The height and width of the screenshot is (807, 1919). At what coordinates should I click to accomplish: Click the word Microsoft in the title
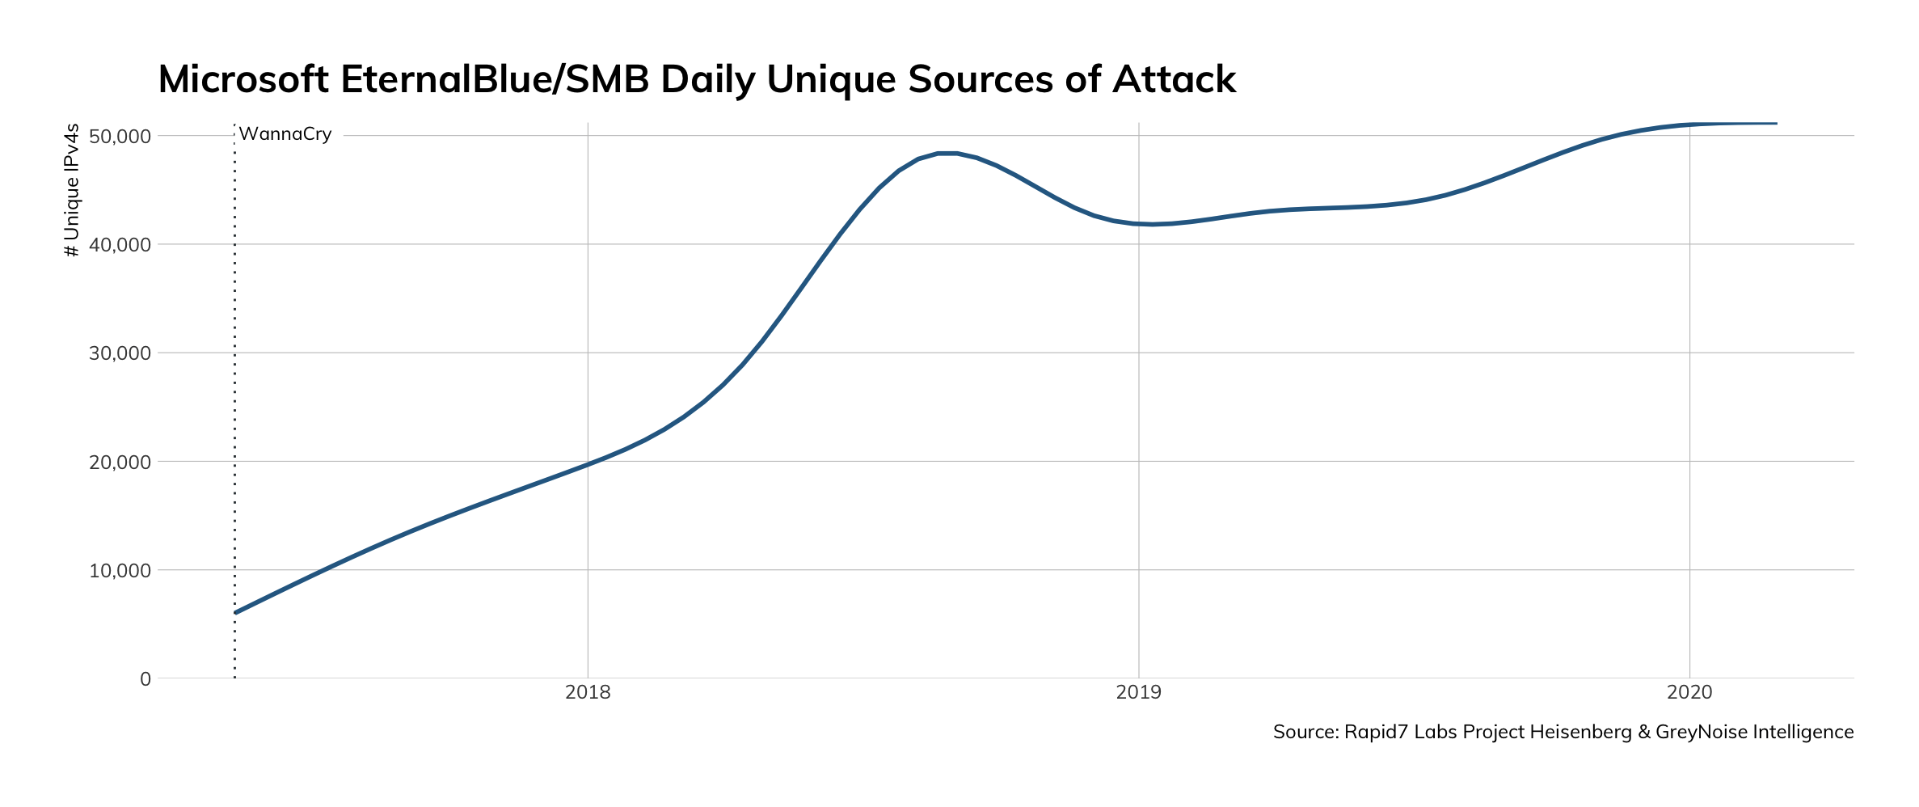(x=243, y=80)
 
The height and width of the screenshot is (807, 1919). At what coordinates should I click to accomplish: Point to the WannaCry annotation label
(x=285, y=134)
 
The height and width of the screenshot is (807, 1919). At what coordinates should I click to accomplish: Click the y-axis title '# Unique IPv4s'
(x=72, y=190)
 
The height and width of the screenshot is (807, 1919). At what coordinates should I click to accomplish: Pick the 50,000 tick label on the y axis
(x=120, y=136)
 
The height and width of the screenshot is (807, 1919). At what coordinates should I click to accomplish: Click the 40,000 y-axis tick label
(x=120, y=244)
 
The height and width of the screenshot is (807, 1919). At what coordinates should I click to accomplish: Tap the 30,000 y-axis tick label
(x=120, y=353)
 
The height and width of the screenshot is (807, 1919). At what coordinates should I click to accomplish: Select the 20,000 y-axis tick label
(x=120, y=462)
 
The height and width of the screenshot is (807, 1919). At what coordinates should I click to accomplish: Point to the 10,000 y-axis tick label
(x=120, y=570)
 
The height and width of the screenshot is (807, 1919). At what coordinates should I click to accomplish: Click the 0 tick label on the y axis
(x=146, y=679)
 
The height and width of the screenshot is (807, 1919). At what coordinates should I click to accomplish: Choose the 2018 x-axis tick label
(x=588, y=692)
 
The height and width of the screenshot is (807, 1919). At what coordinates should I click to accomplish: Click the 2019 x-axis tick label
(x=1138, y=692)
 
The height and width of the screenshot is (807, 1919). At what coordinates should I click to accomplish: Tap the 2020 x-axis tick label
(x=1689, y=692)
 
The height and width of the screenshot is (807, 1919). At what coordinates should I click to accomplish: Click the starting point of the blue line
(x=235, y=613)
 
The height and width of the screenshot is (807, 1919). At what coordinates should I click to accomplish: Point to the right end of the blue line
(x=1776, y=124)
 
